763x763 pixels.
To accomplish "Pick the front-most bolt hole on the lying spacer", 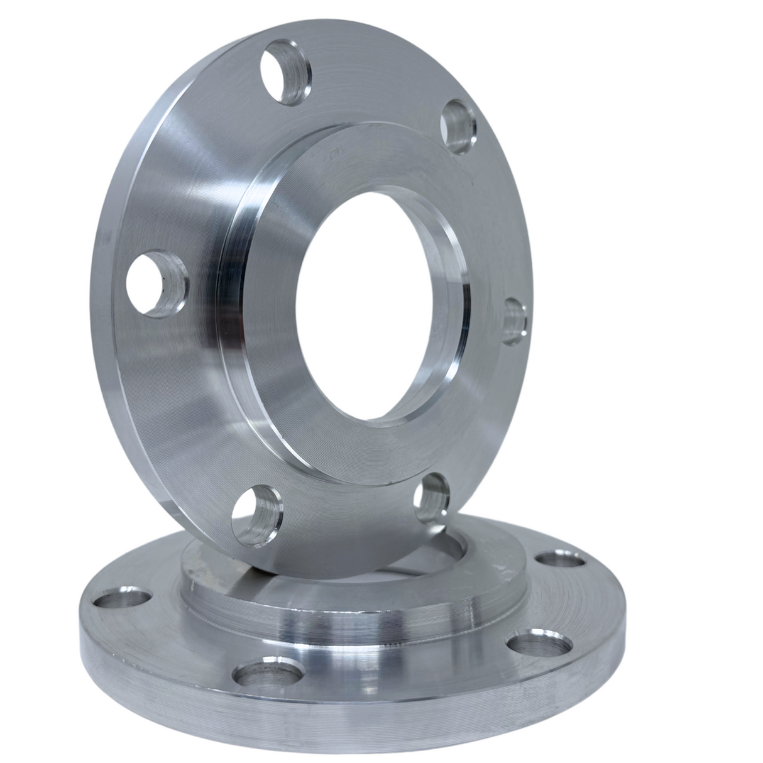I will point(264,674).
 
